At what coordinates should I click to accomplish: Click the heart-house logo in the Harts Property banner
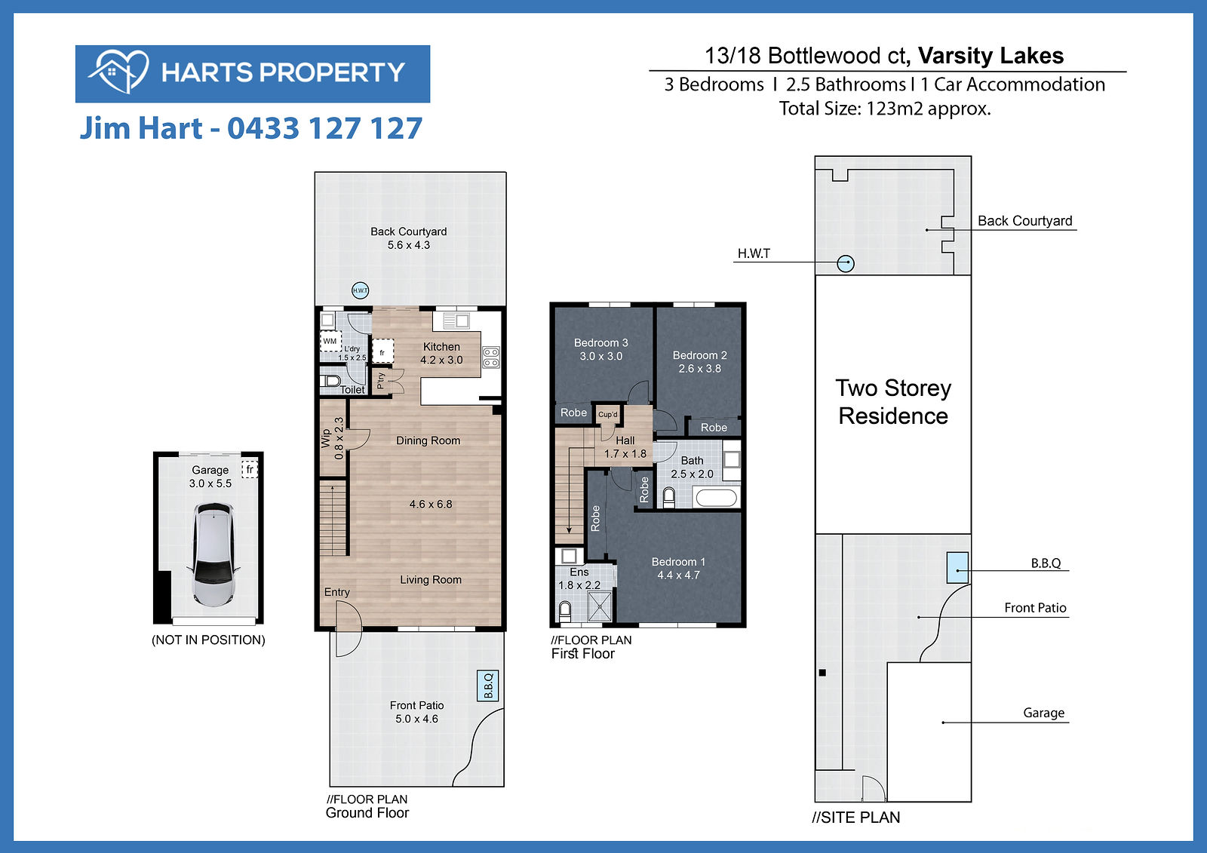(118, 72)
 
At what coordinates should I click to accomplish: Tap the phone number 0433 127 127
(325, 128)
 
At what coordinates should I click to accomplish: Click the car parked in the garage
(213, 554)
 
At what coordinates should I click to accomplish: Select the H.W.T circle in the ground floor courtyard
(360, 290)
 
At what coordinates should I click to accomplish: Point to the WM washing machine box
(330, 342)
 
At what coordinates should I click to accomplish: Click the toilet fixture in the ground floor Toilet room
(329, 381)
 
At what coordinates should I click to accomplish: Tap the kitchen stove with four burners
(491, 357)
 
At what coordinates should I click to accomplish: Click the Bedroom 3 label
(600, 342)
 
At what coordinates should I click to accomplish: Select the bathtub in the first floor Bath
(716, 497)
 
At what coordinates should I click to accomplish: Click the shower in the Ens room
(600, 606)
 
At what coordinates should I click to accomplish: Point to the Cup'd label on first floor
(608, 414)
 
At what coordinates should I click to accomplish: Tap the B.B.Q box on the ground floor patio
(487, 686)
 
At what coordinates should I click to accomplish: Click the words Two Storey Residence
(893, 402)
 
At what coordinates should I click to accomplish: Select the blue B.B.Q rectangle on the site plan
(957, 567)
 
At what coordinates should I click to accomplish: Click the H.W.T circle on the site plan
(846, 263)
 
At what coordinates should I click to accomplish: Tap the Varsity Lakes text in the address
(990, 56)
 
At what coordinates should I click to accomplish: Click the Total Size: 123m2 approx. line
(885, 109)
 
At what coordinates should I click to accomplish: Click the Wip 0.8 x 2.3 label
(333, 439)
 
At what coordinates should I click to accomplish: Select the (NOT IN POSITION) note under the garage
(208, 640)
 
